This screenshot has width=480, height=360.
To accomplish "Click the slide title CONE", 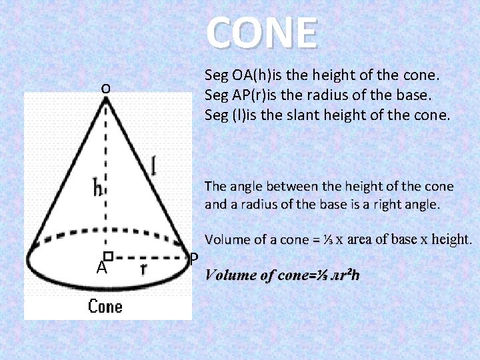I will (x=261, y=33).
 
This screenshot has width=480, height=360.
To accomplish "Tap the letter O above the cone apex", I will (x=106, y=88).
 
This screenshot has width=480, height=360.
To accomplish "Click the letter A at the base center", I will (x=101, y=268).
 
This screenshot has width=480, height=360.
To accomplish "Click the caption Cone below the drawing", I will (x=105, y=306).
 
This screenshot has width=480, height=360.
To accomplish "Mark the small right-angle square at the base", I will (x=107, y=255).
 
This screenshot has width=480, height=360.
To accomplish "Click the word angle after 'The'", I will (x=249, y=186).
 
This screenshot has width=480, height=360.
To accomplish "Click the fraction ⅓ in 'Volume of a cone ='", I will (x=328, y=239).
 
